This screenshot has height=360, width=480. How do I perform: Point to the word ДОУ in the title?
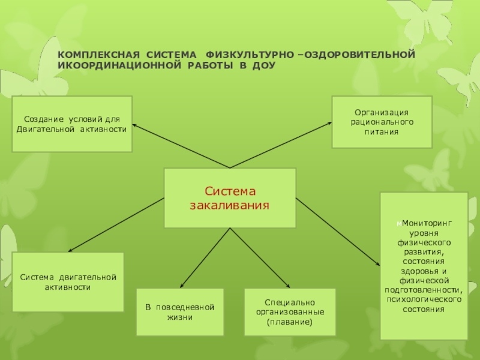click(x=264, y=65)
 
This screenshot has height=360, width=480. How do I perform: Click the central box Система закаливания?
click(x=230, y=198)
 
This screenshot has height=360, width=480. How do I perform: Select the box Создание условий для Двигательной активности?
click(x=72, y=124)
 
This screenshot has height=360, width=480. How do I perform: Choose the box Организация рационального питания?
click(x=382, y=122)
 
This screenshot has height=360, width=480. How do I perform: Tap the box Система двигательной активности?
click(x=68, y=282)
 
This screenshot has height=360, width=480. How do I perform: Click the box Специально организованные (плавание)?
click(x=290, y=312)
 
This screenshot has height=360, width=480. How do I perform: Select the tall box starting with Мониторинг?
click(x=424, y=266)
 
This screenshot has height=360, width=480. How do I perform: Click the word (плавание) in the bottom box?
click(x=290, y=322)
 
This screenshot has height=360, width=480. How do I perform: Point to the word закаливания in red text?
click(x=230, y=205)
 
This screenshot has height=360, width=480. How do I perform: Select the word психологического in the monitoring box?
click(x=424, y=300)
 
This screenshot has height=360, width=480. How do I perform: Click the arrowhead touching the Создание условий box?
click(x=135, y=125)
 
